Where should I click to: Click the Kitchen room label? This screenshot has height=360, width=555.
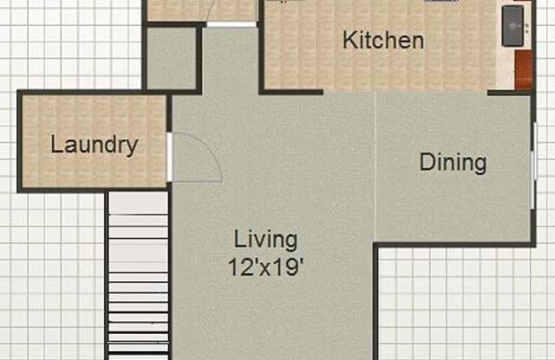[x=383, y=40]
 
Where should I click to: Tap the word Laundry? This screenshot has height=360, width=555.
[x=95, y=145]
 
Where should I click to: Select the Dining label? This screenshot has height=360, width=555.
[x=453, y=164]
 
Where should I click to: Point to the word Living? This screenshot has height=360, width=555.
[x=265, y=240]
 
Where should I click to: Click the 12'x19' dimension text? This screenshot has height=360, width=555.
[x=265, y=267]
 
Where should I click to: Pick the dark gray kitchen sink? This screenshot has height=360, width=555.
[x=513, y=25]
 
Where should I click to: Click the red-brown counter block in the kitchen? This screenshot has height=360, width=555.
[x=524, y=69]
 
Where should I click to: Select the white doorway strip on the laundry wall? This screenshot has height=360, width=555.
[x=170, y=157]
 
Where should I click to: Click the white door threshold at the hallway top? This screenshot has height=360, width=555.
[x=232, y=24]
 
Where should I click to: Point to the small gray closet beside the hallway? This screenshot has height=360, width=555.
[x=171, y=58]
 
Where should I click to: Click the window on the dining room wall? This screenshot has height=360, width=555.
[x=534, y=165]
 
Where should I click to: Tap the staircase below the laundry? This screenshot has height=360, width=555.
[x=138, y=275]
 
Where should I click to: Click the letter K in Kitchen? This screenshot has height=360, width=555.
[x=349, y=40]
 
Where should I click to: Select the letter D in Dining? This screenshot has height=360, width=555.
[x=427, y=161]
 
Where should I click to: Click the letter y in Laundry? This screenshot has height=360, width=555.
[x=132, y=148]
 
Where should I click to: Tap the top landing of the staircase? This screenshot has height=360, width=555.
[x=138, y=203]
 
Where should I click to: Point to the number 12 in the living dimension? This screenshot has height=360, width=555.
[x=241, y=267]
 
